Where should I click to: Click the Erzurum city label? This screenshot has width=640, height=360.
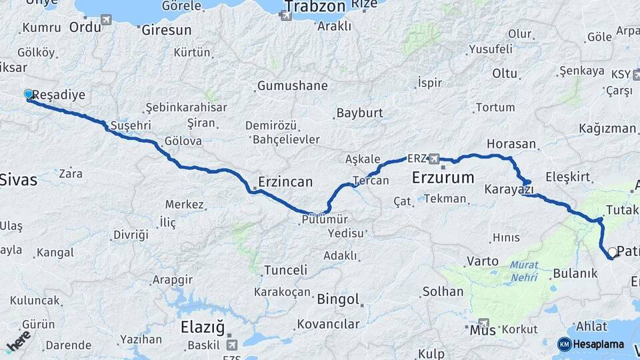(x=443, y=178)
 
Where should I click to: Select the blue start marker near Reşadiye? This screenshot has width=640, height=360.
(x=29, y=95)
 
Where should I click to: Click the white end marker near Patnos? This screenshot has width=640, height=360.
(x=613, y=252)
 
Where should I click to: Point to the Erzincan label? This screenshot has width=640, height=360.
(x=285, y=181)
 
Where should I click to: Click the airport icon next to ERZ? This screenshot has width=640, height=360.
(x=435, y=159)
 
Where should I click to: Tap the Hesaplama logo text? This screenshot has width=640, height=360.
(x=599, y=345)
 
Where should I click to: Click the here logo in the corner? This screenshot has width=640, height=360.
(x=17, y=341)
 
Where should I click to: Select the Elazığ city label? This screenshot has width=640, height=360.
(x=203, y=327)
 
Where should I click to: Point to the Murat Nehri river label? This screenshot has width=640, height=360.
(x=524, y=270)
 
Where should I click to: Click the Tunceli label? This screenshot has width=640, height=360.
(x=285, y=270)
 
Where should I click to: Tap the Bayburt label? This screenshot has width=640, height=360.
(x=359, y=113)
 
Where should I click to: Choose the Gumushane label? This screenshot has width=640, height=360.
(x=292, y=86)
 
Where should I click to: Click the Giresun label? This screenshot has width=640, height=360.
(x=166, y=30)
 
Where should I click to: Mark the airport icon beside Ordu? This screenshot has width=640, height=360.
(x=107, y=20)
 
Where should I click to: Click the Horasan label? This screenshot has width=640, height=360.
(x=511, y=144)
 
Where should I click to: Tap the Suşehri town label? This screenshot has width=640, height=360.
(x=131, y=125)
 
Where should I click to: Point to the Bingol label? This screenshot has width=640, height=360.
(x=338, y=299)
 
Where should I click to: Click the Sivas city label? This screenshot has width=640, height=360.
(x=19, y=179)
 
